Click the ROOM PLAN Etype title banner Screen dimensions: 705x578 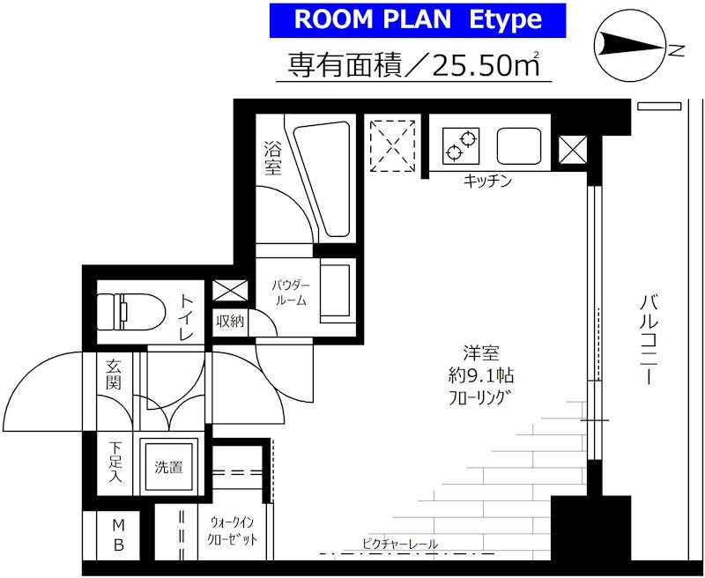(x=417, y=20)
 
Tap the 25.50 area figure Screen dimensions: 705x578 (x=471, y=66)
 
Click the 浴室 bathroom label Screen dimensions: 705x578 (x=273, y=158)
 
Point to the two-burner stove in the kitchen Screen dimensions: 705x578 (x=461, y=146)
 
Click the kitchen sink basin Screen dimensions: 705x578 (x=519, y=146)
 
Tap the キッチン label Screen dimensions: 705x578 (x=488, y=182)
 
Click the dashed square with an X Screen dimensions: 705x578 (x=392, y=145)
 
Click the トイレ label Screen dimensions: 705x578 (x=187, y=317)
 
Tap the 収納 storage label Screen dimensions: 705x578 (x=230, y=321)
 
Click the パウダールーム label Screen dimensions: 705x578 (x=291, y=293)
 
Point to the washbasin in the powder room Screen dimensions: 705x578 (x=335, y=293)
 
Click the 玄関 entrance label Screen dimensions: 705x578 (x=114, y=374)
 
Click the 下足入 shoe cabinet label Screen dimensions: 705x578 (x=115, y=462)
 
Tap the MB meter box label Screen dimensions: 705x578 (x=118, y=535)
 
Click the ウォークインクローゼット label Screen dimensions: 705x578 (x=232, y=530)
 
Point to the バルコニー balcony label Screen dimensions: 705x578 (x=649, y=340)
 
